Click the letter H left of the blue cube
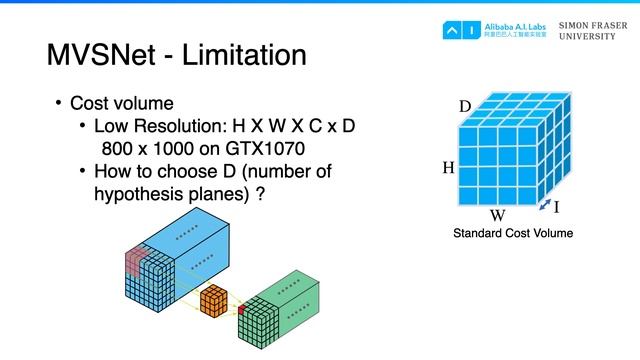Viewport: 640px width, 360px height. point(448,170)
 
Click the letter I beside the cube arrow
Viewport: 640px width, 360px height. point(556,208)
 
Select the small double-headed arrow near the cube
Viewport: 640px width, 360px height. point(541,206)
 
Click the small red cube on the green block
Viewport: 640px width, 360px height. point(240,312)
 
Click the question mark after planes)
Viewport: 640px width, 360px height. point(260,193)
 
